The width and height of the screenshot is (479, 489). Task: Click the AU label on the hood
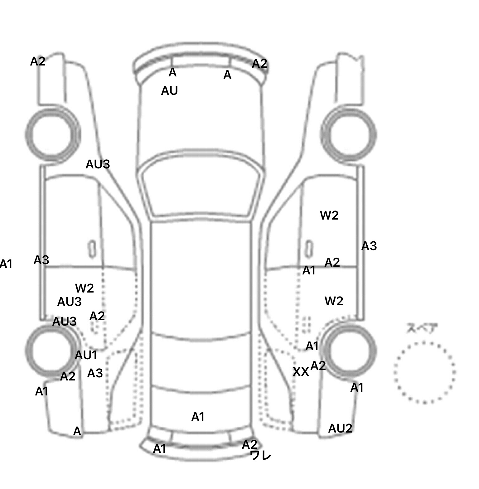(x=169, y=91)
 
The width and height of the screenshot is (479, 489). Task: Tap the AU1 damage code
(x=86, y=355)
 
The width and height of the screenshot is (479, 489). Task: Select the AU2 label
(x=340, y=428)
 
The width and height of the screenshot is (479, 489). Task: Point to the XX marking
(x=301, y=372)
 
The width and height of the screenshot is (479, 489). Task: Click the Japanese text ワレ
(x=261, y=456)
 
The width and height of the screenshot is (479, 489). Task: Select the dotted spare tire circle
(x=424, y=372)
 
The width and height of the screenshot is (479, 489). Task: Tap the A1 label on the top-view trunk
(x=198, y=417)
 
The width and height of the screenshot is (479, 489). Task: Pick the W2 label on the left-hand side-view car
(x=84, y=288)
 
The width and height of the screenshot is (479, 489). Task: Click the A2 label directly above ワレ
(x=249, y=444)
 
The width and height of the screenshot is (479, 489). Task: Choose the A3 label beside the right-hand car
(x=369, y=246)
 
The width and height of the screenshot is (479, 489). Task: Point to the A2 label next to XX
(x=318, y=366)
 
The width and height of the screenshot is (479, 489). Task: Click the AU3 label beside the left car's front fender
(x=98, y=164)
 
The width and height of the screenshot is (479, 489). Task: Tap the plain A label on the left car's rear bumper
(x=77, y=431)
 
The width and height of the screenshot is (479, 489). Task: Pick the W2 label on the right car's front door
(x=329, y=215)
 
